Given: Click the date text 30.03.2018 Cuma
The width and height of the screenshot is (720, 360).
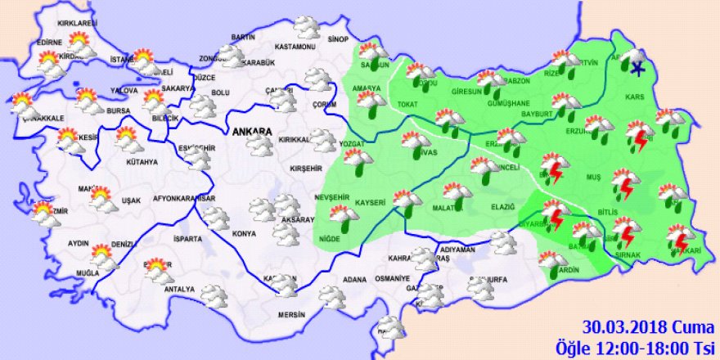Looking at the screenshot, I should pos(646,324).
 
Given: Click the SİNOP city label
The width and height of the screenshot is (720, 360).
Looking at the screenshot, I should pos(338,38).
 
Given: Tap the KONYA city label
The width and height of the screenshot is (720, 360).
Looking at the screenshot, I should pos(244,234).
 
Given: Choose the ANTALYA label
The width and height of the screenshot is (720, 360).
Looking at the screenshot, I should pos(179,289).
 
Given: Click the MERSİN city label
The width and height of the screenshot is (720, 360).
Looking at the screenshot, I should pos(290,314).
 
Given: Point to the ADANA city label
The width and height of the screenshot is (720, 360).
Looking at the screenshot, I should pos(354,280).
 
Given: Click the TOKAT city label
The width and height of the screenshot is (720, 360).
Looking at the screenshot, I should pos(407,104).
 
